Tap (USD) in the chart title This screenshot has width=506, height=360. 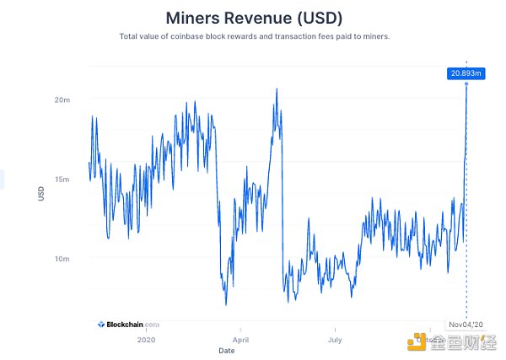(317, 17)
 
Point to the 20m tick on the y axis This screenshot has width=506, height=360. (62, 99)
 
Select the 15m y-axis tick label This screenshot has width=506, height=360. (62, 179)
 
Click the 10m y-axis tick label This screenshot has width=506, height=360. (62, 259)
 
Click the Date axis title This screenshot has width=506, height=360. (227, 350)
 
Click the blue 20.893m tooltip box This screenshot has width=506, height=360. (466, 73)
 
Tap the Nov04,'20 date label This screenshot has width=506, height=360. (466, 324)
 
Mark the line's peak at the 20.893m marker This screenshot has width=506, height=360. (466, 85)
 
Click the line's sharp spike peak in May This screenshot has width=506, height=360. (276, 89)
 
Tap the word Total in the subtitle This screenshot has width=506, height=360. (131, 36)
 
